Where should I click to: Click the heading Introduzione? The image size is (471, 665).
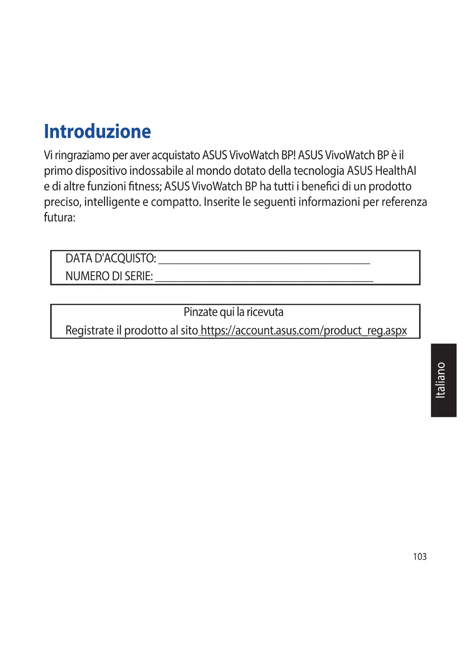[x=97, y=132]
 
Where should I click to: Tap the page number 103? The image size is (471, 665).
[x=419, y=557]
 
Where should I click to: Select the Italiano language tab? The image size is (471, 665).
[x=443, y=380]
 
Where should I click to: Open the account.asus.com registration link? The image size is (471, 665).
[x=303, y=331]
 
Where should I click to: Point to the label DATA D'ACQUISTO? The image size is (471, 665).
[x=110, y=259]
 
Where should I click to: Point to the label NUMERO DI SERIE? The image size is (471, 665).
[x=109, y=276]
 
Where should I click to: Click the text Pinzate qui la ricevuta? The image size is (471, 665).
[x=233, y=312]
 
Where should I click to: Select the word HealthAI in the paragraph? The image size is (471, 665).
[x=395, y=171]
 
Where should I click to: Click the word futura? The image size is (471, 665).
[x=59, y=218]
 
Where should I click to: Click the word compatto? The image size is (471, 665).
[x=175, y=202]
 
